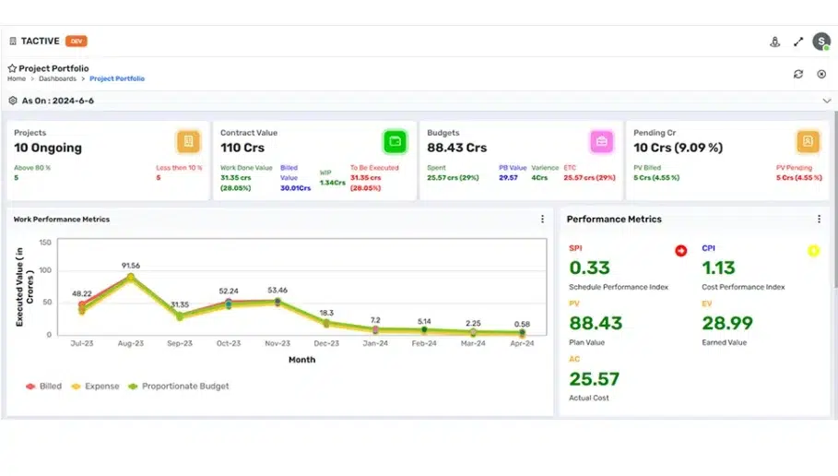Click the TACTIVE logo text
pos(41,42)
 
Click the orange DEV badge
pos(77,42)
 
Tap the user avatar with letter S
pos(820,42)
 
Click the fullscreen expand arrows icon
pos(798,42)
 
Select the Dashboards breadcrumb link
pos(57,79)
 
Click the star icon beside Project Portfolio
pos(12,68)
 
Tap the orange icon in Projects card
pos(188,141)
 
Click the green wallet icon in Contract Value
pos(395,141)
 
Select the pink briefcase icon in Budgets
pos(601,141)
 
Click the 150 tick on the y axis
pos(44,243)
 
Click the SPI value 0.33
pos(589,268)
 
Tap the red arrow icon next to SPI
pos(680,250)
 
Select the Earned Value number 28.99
pos(727,324)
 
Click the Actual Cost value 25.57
pos(595,379)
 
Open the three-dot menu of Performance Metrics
pos(819,220)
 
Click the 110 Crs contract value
pos(243,148)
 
